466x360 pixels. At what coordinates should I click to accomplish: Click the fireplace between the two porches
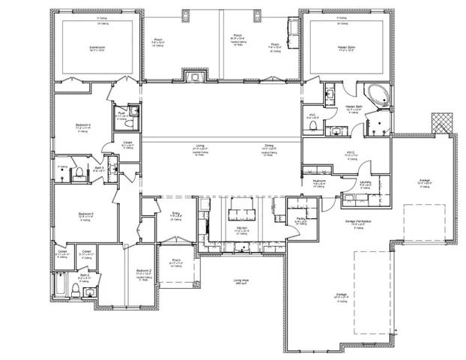(x=194, y=76)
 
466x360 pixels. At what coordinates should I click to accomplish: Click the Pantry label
(x=300, y=219)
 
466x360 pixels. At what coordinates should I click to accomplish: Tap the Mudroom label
(x=318, y=181)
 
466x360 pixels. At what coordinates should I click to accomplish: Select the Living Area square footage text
(x=241, y=281)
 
